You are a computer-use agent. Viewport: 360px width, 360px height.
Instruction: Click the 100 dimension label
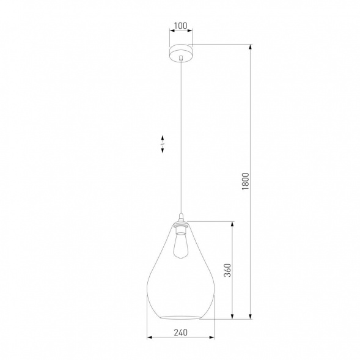pos(180,26)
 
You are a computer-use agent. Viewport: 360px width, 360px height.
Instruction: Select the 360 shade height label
pos(227,270)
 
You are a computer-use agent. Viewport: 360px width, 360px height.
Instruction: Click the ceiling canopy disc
pos(180,52)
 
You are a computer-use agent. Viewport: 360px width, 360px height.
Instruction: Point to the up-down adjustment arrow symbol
pos(163,144)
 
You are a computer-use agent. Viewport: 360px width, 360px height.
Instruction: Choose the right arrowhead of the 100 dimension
pos(190,32)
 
